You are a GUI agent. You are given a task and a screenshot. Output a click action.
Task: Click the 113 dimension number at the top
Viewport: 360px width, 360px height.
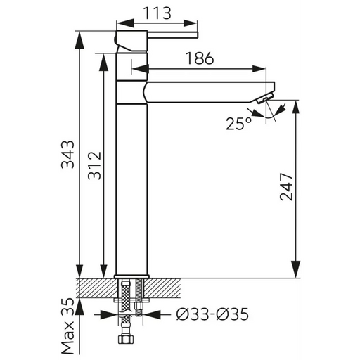tap(157, 13)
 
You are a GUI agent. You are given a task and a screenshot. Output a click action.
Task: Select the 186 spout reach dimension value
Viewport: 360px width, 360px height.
tap(200, 58)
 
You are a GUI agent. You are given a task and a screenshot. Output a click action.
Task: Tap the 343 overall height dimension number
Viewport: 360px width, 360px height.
tap(67, 155)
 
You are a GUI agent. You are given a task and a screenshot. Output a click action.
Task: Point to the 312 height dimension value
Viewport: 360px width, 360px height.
tap(94, 166)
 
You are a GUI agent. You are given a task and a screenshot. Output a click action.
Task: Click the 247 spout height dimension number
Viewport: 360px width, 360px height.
tap(286, 187)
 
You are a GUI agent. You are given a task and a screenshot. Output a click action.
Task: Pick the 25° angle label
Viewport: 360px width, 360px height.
tap(239, 124)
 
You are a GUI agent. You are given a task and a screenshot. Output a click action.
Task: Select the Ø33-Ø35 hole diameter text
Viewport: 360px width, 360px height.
tap(212, 314)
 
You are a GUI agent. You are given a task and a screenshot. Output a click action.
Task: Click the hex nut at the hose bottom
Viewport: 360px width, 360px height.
tap(126, 339)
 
